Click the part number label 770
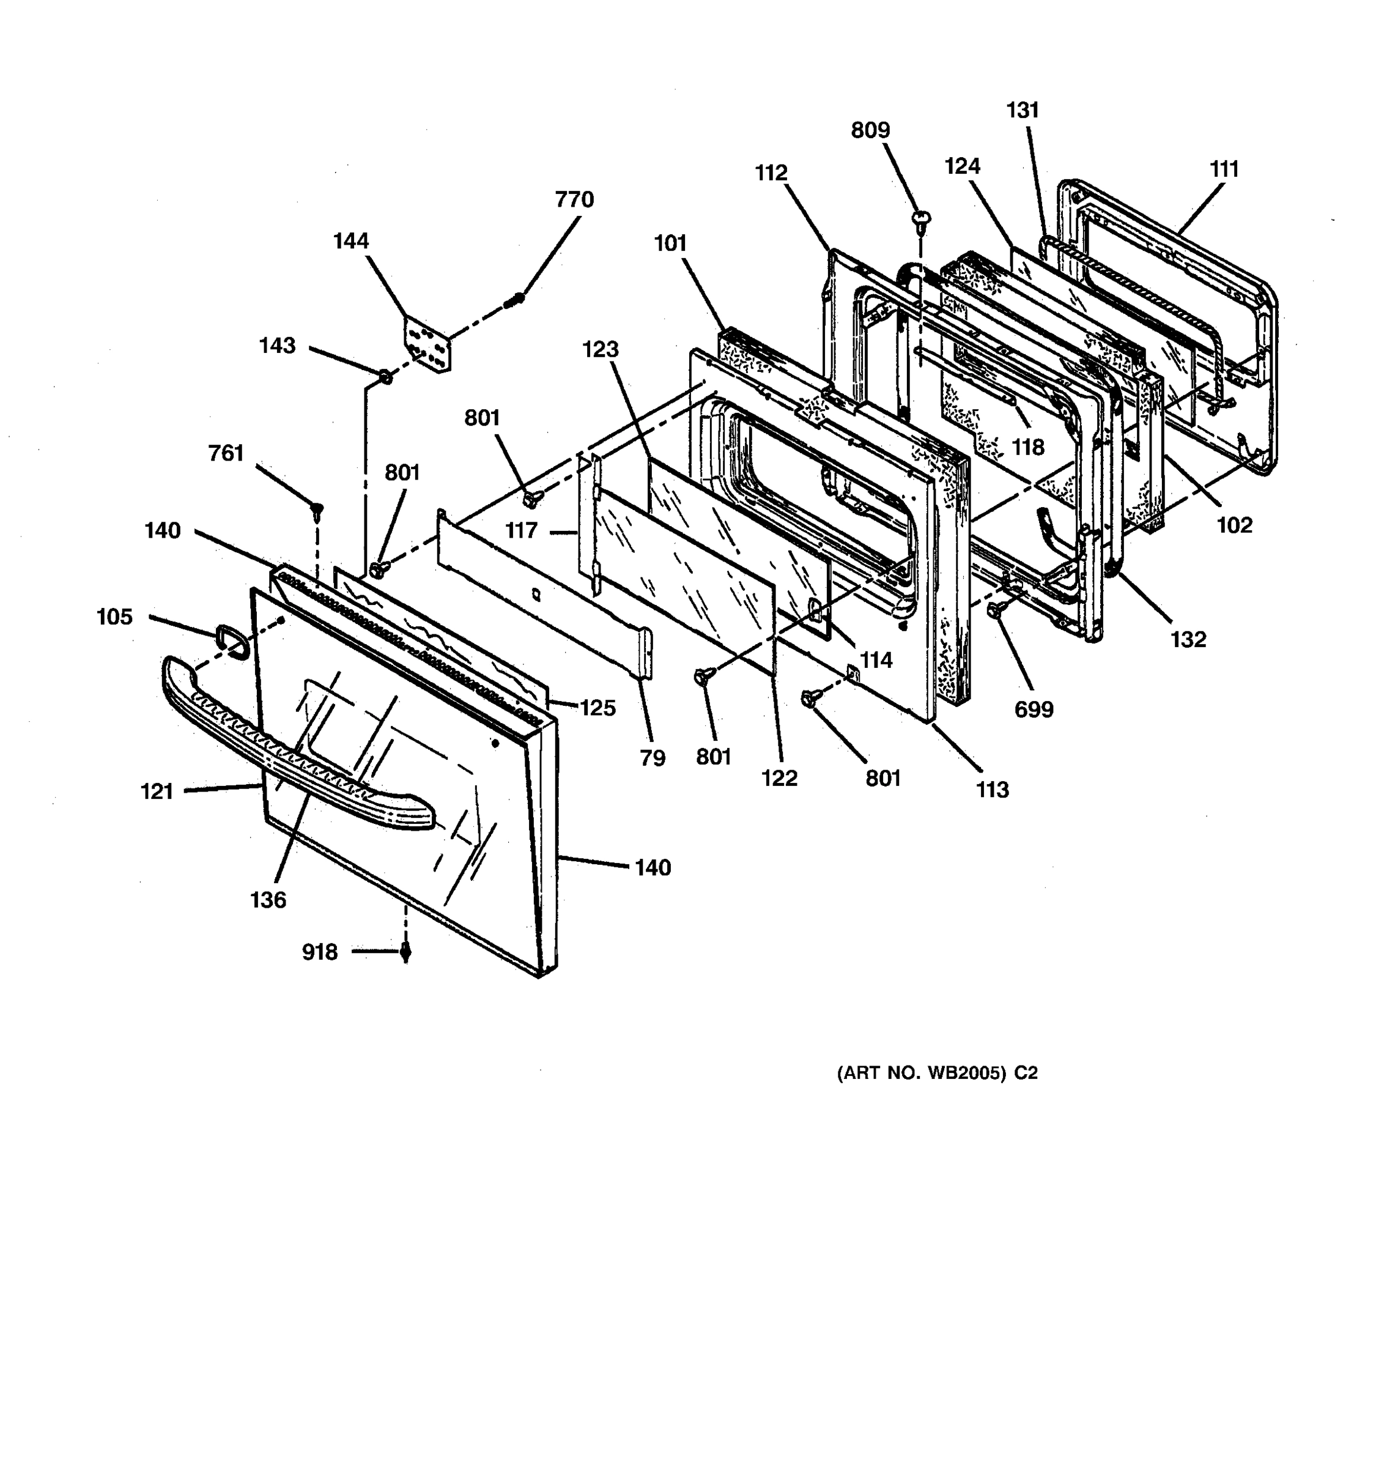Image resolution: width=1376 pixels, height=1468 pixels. point(574,199)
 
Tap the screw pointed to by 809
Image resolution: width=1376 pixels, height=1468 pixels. point(921,218)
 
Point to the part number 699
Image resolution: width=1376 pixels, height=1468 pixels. point(1034,709)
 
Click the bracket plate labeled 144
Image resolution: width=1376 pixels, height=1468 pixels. point(427,346)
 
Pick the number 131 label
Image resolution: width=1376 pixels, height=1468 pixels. point(1023,110)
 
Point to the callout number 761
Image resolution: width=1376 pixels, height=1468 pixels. point(226,453)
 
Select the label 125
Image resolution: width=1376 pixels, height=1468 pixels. point(597,708)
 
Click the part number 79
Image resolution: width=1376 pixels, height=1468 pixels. point(653,758)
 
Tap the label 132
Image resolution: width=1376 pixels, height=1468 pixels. point(1188,639)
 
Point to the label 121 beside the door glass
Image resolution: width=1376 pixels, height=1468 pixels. point(157,791)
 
